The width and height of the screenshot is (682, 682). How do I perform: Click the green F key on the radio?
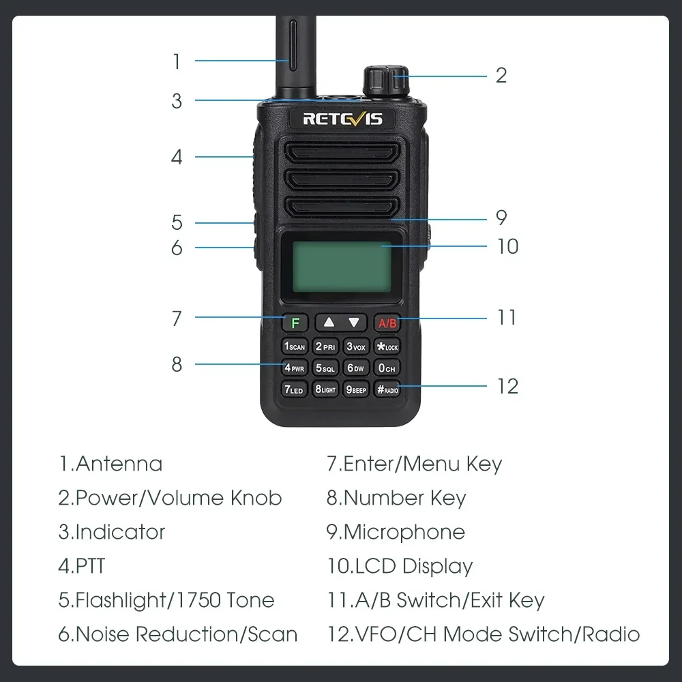295,323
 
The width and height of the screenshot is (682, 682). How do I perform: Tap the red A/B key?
387,323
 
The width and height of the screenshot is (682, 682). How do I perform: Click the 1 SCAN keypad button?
295,346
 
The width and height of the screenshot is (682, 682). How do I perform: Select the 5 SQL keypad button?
325,368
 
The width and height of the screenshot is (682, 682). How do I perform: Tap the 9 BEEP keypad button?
356,390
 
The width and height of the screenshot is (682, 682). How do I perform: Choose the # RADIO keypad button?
387,390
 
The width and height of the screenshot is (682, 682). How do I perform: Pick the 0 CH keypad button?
387,368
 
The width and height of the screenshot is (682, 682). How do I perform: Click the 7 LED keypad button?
295,390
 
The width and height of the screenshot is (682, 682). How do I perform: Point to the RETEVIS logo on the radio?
342,119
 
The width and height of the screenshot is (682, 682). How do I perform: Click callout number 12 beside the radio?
507,386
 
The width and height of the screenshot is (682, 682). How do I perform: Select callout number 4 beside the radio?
177,158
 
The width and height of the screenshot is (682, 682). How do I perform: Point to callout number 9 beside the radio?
501,218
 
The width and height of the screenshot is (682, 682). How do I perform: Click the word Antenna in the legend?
119,464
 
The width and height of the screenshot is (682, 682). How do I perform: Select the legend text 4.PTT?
82,566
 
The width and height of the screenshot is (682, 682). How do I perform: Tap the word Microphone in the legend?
404,532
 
